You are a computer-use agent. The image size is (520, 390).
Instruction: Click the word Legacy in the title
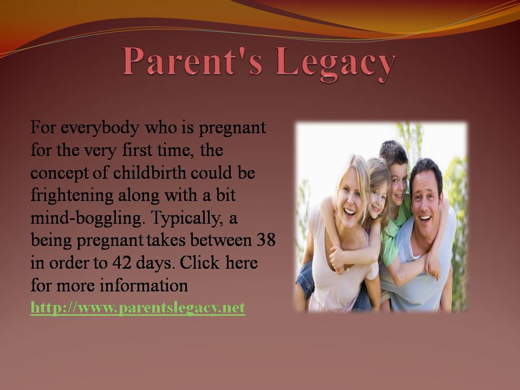point(336,63)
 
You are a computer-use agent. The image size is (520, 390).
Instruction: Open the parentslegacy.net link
point(138,308)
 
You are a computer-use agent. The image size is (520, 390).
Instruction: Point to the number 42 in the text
point(122,263)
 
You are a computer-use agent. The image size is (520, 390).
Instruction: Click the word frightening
point(72,196)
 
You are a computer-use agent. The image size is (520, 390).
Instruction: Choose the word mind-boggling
point(88,218)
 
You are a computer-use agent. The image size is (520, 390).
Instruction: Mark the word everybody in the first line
point(100,128)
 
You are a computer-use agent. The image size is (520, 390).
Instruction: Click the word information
point(144,285)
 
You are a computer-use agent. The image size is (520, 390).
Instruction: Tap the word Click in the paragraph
point(200,263)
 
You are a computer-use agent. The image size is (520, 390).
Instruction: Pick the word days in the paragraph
point(155,263)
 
